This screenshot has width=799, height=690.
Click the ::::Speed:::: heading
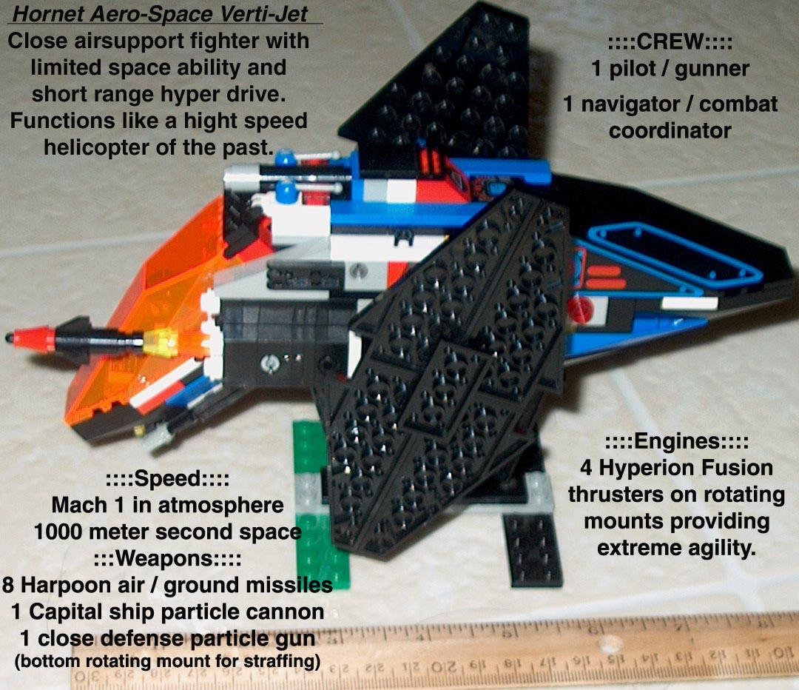point(166,479)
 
